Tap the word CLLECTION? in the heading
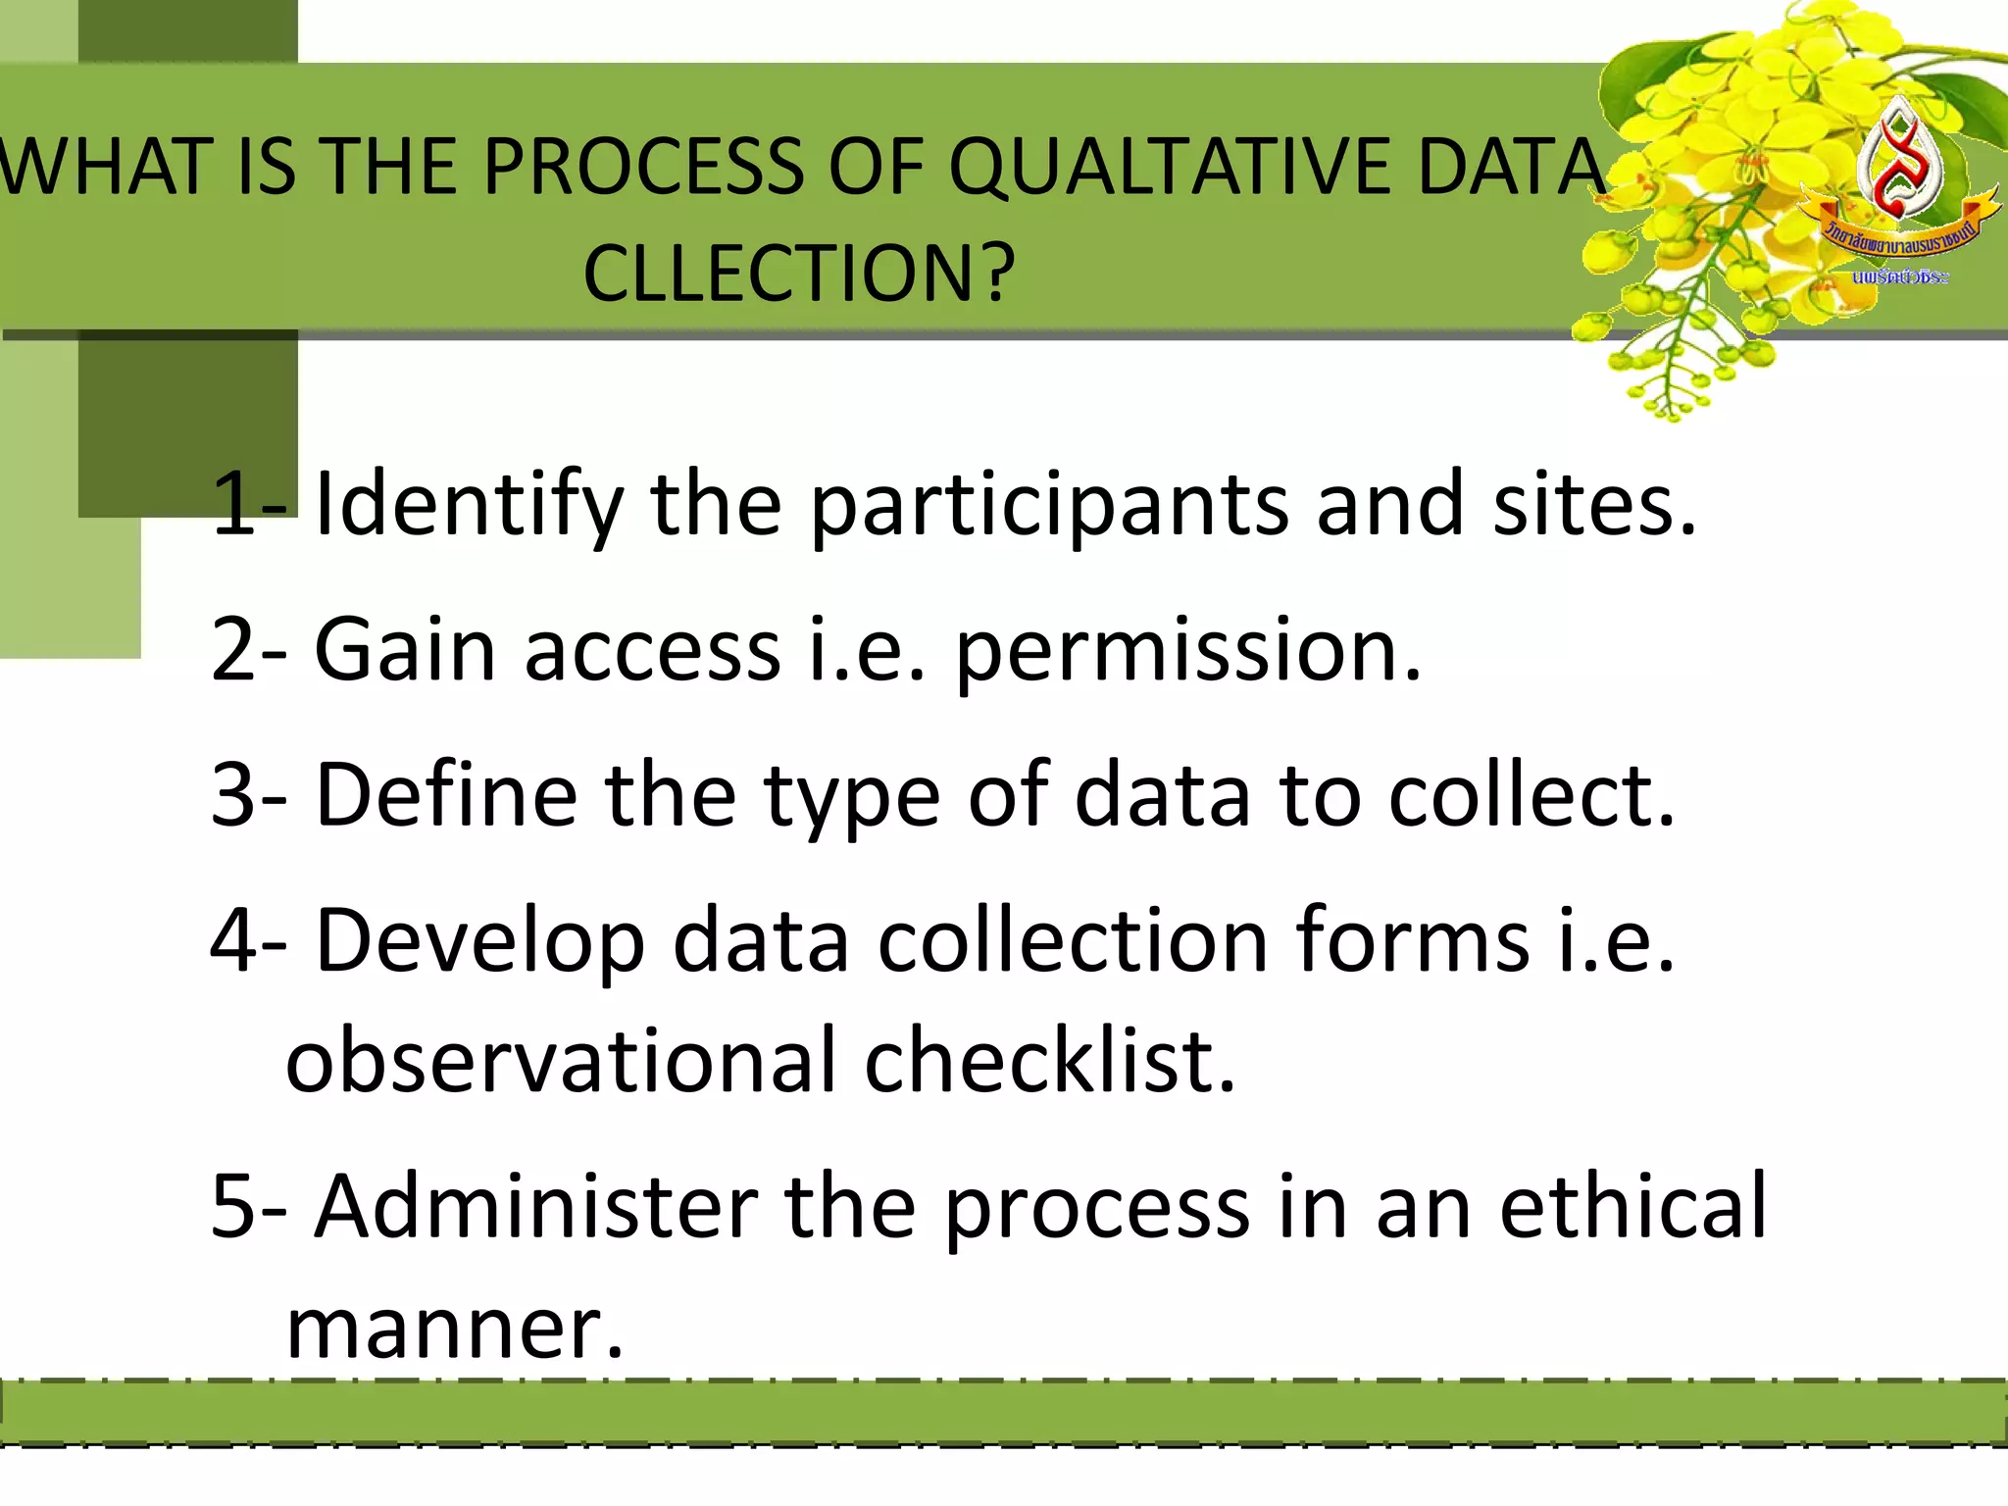click(799, 273)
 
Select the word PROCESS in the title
click(643, 167)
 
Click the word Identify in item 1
click(469, 506)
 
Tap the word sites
click(1593, 504)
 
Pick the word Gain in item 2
click(405, 649)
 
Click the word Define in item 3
click(446, 794)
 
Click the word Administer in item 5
click(535, 1206)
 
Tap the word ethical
click(1632, 1206)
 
